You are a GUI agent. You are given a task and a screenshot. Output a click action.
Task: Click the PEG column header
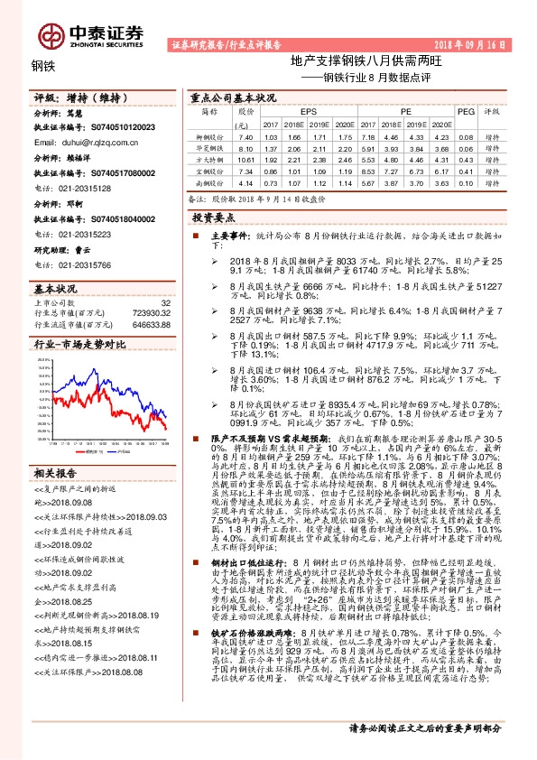coord(466,112)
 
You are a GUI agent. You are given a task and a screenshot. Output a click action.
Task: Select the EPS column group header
coord(296,112)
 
